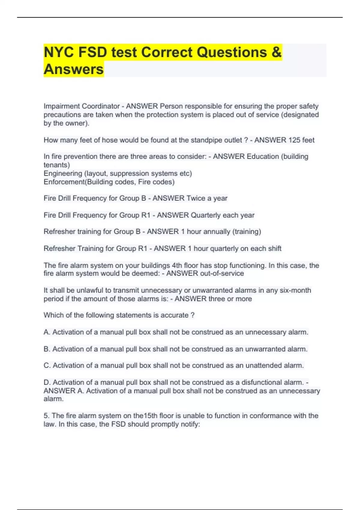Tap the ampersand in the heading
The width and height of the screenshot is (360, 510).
click(x=276, y=52)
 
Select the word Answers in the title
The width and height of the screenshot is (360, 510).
click(x=73, y=69)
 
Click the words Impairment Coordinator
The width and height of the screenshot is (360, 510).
click(x=82, y=106)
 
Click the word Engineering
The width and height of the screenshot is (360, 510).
click(x=63, y=173)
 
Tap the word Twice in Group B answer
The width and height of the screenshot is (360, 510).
click(x=196, y=198)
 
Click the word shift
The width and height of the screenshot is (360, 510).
click(x=274, y=248)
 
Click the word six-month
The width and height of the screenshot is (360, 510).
click(x=295, y=290)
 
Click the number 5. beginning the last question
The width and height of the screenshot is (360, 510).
click(x=46, y=416)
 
